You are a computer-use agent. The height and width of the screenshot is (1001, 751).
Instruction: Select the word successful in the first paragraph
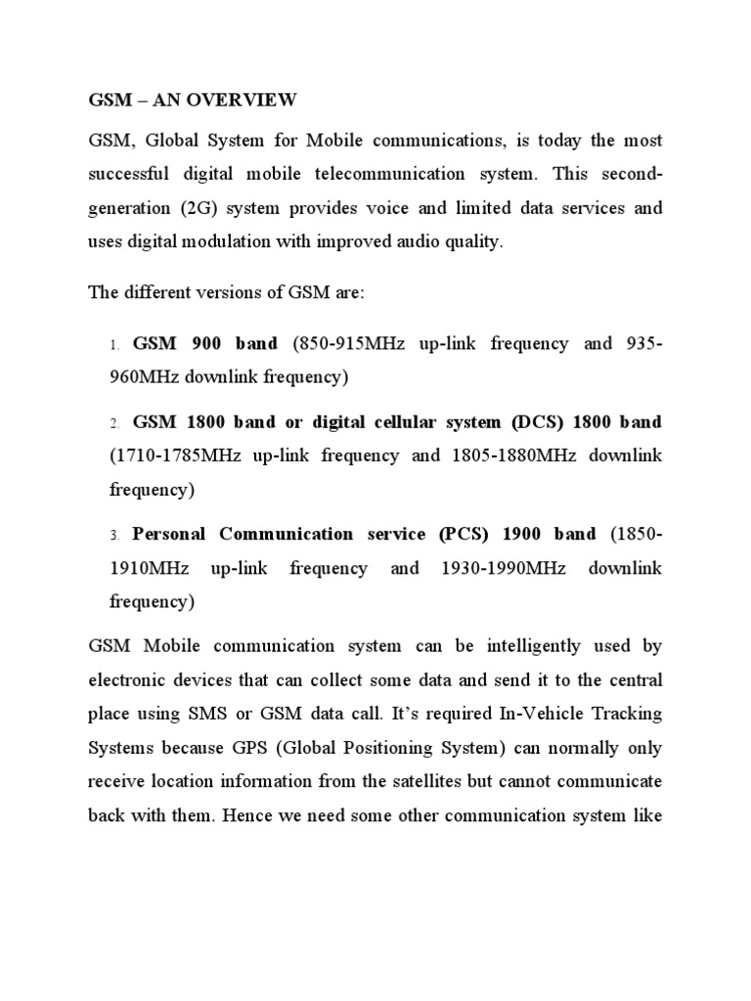(x=129, y=174)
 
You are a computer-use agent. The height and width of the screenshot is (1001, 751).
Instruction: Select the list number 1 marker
(x=113, y=345)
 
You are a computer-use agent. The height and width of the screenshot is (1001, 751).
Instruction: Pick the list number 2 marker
(x=113, y=423)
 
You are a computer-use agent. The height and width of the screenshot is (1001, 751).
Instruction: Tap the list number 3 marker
(x=113, y=536)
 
